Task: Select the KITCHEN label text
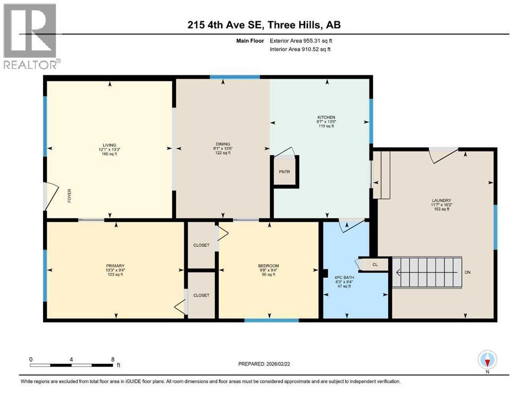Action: pyautogui.click(x=326, y=117)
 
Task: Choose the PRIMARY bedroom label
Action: pyautogui.click(x=115, y=266)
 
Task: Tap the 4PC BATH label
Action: pyautogui.click(x=342, y=278)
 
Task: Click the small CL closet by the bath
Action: pyautogui.click(x=374, y=263)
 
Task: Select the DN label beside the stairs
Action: pyautogui.click(x=467, y=272)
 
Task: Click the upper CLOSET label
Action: pyautogui.click(x=201, y=245)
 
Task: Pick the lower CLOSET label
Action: pyautogui.click(x=201, y=295)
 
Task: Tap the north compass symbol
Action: pyautogui.click(x=487, y=361)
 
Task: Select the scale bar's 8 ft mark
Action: pyautogui.click(x=112, y=360)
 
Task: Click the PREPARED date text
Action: pyautogui.click(x=269, y=364)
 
